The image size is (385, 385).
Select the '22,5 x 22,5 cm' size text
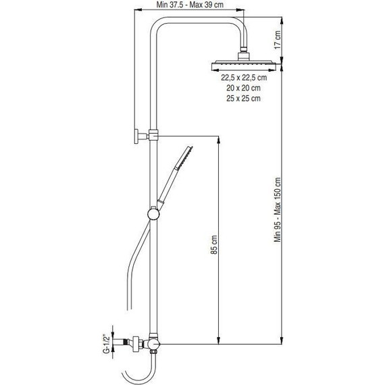243,78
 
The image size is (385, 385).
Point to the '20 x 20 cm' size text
243,88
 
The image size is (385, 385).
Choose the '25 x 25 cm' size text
243,99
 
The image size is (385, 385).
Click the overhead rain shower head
242,65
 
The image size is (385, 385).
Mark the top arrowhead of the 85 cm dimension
219,139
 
